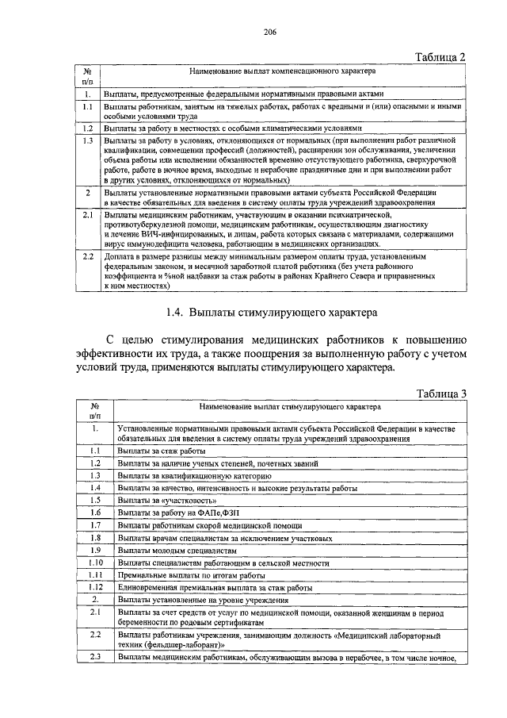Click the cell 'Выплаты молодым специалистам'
pyautogui.click(x=177, y=549)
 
